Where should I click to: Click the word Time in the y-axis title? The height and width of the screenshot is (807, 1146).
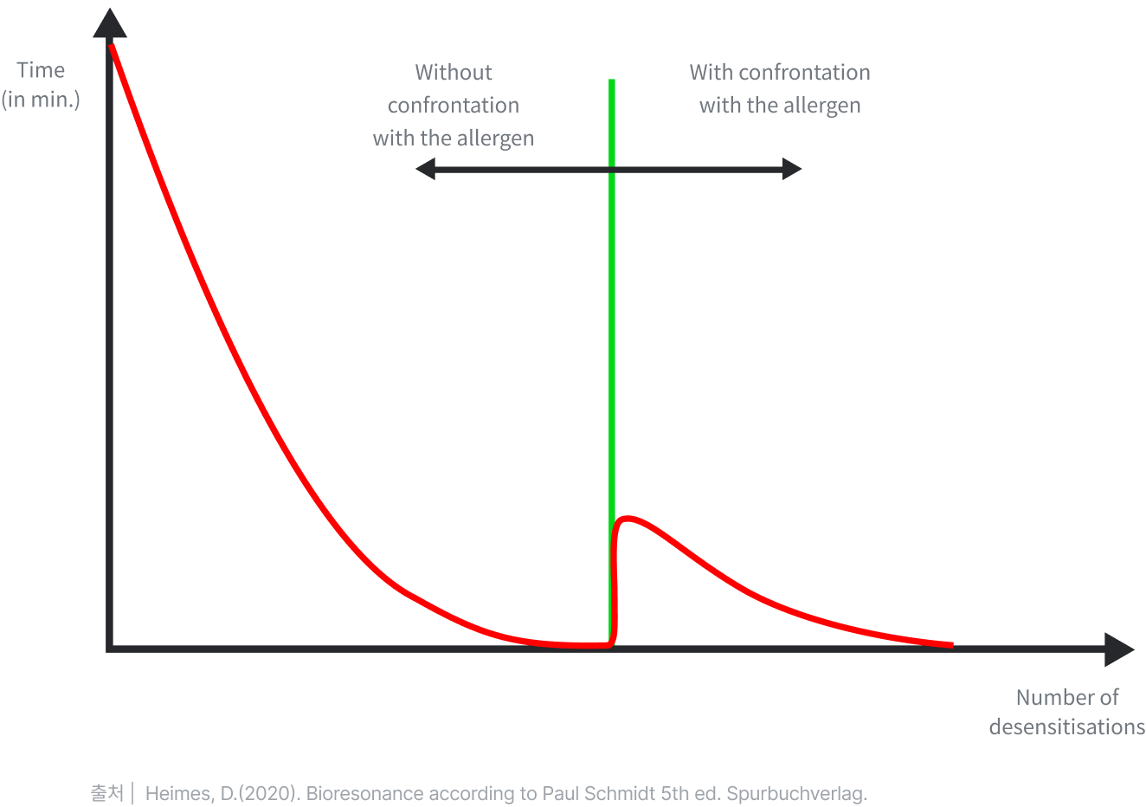pyautogui.click(x=41, y=70)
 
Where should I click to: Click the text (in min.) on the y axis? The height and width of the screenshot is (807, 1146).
pyautogui.click(x=41, y=100)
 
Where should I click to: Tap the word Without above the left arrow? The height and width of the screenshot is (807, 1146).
pyautogui.click(x=454, y=72)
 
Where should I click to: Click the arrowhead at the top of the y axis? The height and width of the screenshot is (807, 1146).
pyautogui.click(x=110, y=23)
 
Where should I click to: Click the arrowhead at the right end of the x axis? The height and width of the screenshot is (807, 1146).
pyautogui.click(x=1119, y=649)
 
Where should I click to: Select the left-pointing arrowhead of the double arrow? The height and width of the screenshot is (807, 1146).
pyautogui.click(x=425, y=169)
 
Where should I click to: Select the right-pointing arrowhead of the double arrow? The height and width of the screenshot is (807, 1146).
pyautogui.click(x=792, y=169)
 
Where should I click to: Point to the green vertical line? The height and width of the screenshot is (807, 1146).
pyautogui.click(x=612, y=303)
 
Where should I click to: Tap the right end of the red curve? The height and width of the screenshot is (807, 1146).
pyautogui.click(x=950, y=644)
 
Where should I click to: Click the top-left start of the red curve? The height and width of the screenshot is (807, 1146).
pyautogui.click(x=113, y=48)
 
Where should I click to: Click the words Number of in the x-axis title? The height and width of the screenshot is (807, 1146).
pyautogui.click(x=1066, y=697)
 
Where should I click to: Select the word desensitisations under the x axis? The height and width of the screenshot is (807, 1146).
pyautogui.click(x=1066, y=726)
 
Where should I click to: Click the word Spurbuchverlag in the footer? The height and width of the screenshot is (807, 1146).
pyautogui.click(x=796, y=793)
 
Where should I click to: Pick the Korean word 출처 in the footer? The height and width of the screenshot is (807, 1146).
pyautogui.click(x=107, y=793)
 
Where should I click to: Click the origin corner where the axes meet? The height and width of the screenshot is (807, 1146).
pyautogui.click(x=110, y=648)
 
